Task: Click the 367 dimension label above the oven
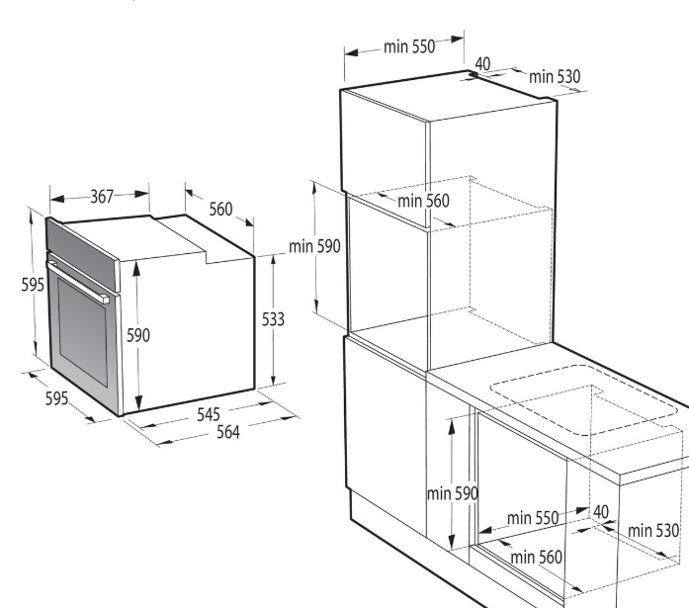coord(103,196)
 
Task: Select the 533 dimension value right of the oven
coord(273,319)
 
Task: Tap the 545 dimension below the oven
coord(209,414)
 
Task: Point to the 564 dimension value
coord(228,432)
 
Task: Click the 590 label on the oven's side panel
coord(138,335)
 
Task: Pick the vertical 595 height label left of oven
coord(33,285)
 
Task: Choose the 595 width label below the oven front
coord(56,398)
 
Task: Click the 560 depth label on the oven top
coord(220,210)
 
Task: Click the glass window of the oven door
coord(82,331)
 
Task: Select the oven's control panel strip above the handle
coord(82,253)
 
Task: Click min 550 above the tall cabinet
coord(409,46)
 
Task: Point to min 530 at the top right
coord(555,77)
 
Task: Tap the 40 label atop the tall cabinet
coord(482,63)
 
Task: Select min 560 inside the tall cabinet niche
coord(424,201)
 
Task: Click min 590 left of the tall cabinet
coord(314,246)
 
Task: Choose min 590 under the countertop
coord(453,493)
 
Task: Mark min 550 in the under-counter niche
coord(533,517)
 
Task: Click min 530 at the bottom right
coord(653,531)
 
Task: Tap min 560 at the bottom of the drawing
coord(536,558)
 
